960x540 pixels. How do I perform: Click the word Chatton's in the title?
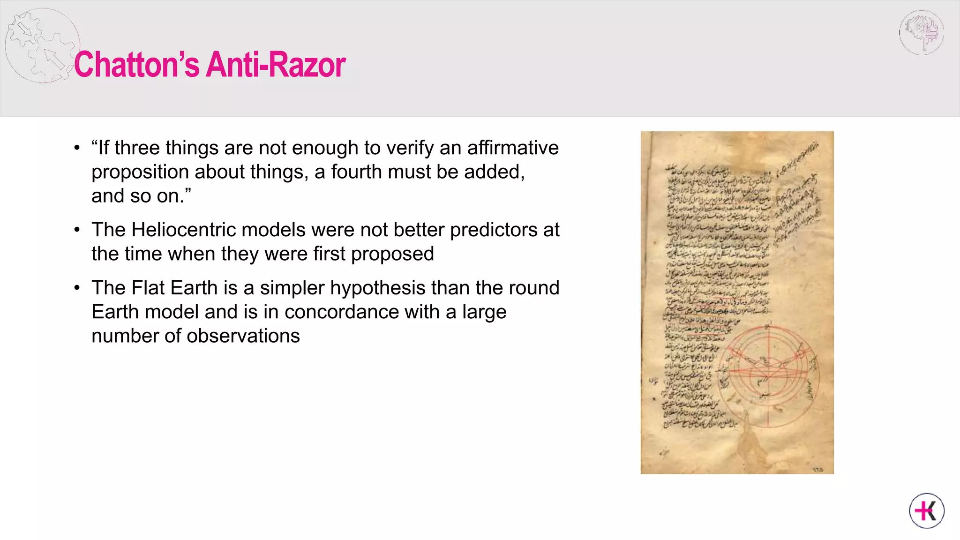click(x=136, y=64)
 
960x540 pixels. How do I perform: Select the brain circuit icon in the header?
click(x=921, y=32)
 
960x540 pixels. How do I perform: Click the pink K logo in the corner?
click(x=927, y=510)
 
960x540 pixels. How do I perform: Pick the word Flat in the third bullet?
click(x=148, y=288)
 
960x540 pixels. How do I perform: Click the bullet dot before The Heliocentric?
click(x=77, y=230)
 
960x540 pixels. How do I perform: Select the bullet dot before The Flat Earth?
click(x=77, y=288)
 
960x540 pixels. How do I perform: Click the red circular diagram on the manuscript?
click(x=768, y=375)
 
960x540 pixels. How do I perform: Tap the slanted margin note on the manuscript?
click(x=797, y=202)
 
